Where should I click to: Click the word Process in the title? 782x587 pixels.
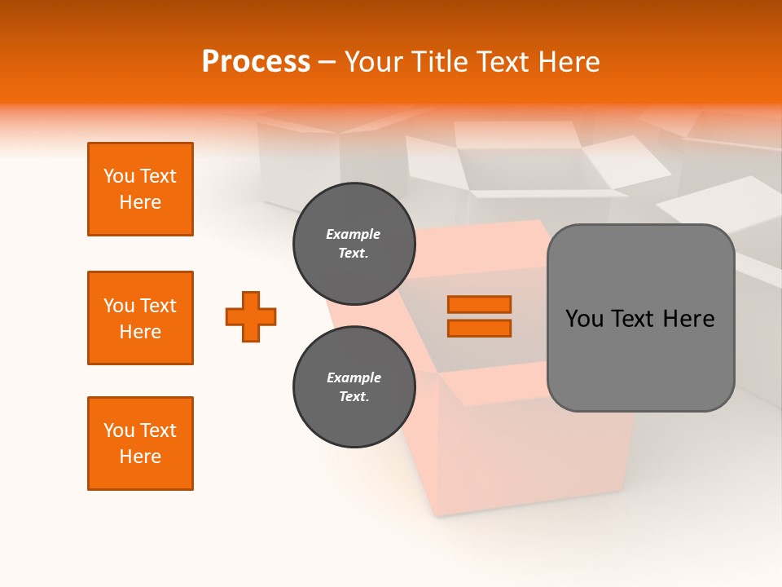pyautogui.click(x=256, y=62)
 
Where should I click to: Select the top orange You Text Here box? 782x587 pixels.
pyautogui.click(x=140, y=189)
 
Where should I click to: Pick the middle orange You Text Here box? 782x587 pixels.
pyautogui.click(x=140, y=318)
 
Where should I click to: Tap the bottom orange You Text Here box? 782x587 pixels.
pyautogui.click(x=140, y=444)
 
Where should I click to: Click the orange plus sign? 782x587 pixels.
pyautogui.click(x=251, y=316)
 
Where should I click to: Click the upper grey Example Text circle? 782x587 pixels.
pyautogui.click(x=354, y=243)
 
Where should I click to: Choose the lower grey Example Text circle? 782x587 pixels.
pyautogui.click(x=354, y=386)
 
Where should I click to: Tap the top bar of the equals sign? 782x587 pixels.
pyautogui.click(x=479, y=304)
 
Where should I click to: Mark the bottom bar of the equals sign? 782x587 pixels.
pyautogui.click(x=479, y=328)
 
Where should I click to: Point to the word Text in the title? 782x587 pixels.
pyautogui.click(x=502, y=62)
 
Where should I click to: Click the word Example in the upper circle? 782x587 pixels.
pyautogui.click(x=354, y=234)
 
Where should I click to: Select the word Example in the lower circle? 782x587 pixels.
pyautogui.click(x=354, y=377)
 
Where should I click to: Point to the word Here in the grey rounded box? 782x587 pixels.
pyautogui.click(x=688, y=319)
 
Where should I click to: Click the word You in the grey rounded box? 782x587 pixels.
pyautogui.click(x=584, y=319)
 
